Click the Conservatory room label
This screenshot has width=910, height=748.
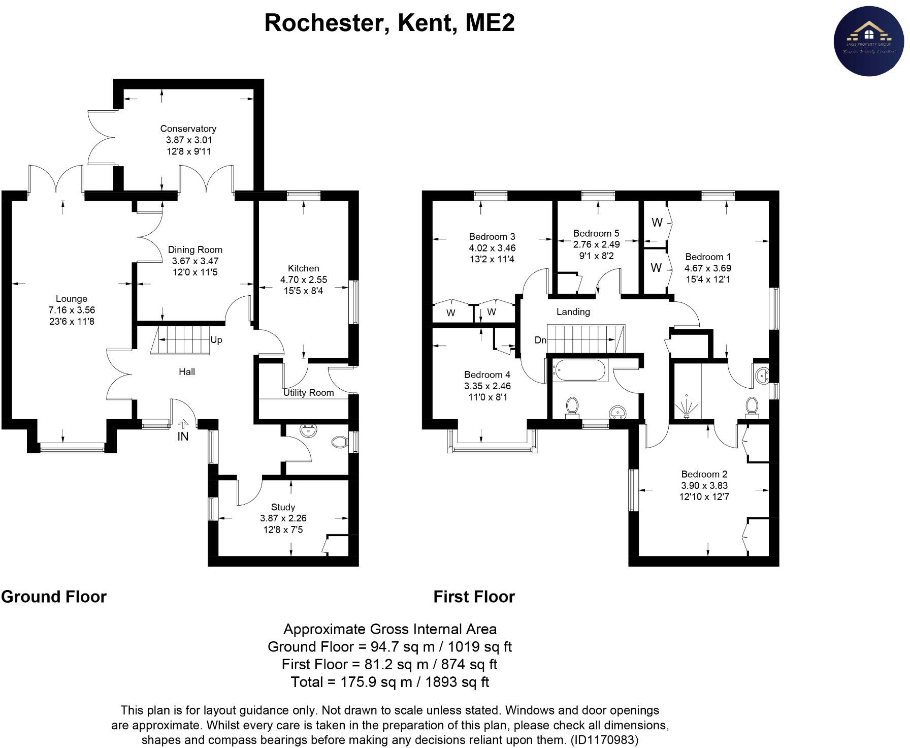[188, 129]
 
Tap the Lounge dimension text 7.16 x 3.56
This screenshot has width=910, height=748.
[72, 310]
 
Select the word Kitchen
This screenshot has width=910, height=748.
[303, 268]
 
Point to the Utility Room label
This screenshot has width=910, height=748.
[308, 392]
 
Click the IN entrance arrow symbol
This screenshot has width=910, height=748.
[183, 423]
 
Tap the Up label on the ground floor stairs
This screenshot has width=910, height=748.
[216, 340]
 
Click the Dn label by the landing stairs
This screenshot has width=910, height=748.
[540, 340]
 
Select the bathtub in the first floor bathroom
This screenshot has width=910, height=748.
[579, 370]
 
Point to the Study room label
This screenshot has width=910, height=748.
[283, 507]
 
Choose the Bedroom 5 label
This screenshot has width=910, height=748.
[596, 234]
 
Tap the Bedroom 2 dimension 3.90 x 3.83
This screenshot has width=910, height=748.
[704, 485]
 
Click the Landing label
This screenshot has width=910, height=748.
[573, 311]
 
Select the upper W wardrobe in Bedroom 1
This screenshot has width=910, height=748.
[657, 222]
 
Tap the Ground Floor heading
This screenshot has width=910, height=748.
[54, 597]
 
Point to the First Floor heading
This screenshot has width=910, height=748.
[474, 597]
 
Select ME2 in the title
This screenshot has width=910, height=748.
[488, 23]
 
